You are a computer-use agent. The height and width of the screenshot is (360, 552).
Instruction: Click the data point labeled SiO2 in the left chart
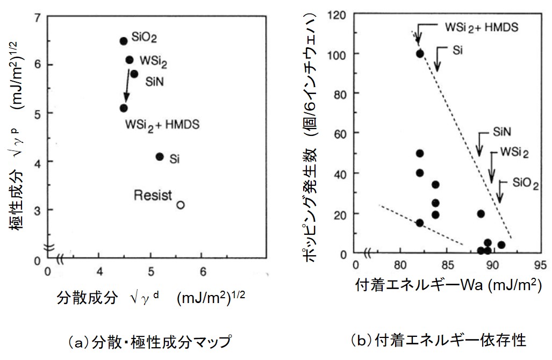click(123, 41)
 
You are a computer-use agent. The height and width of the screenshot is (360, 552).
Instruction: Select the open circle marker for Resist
click(181, 205)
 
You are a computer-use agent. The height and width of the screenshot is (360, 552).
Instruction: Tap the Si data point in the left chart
click(159, 156)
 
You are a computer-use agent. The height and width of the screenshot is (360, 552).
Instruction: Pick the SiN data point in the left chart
click(134, 74)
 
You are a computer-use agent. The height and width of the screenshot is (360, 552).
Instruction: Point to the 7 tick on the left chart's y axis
click(37, 17)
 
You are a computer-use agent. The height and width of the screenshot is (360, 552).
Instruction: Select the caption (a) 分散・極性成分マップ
click(149, 341)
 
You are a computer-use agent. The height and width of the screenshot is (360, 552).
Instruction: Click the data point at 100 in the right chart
click(420, 53)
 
